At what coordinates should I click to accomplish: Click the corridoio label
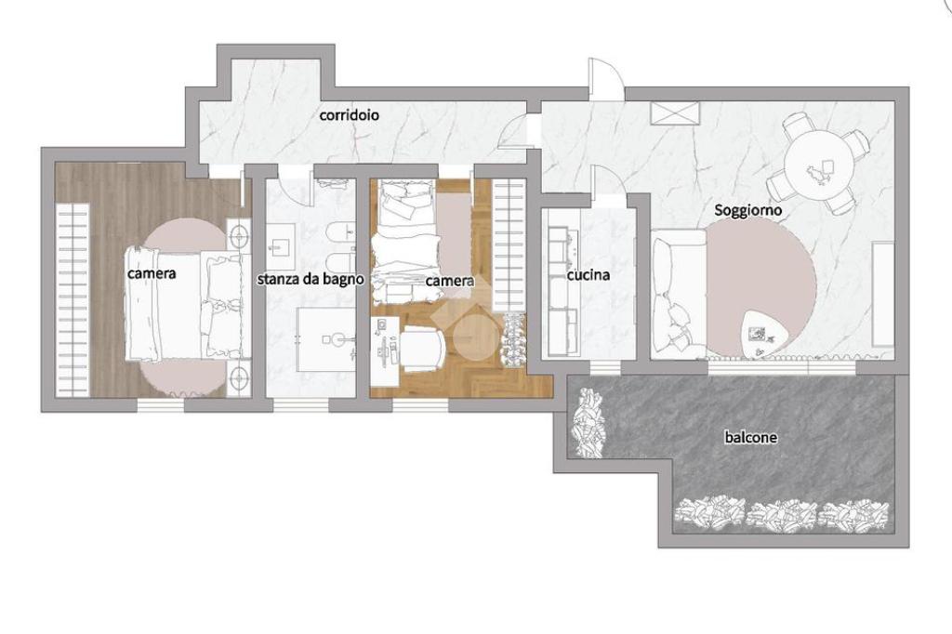(x=350, y=114)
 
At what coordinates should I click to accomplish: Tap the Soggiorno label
(x=747, y=211)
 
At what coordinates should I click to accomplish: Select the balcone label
(x=750, y=437)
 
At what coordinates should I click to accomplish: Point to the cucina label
(x=588, y=275)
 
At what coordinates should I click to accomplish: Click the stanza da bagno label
(x=311, y=279)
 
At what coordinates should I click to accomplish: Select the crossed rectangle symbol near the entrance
(x=675, y=113)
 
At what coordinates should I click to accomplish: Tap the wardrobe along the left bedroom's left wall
(x=73, y=300)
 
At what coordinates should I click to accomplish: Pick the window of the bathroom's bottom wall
(x=300, y=404)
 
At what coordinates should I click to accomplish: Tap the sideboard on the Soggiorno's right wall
(x=883, y=294)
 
